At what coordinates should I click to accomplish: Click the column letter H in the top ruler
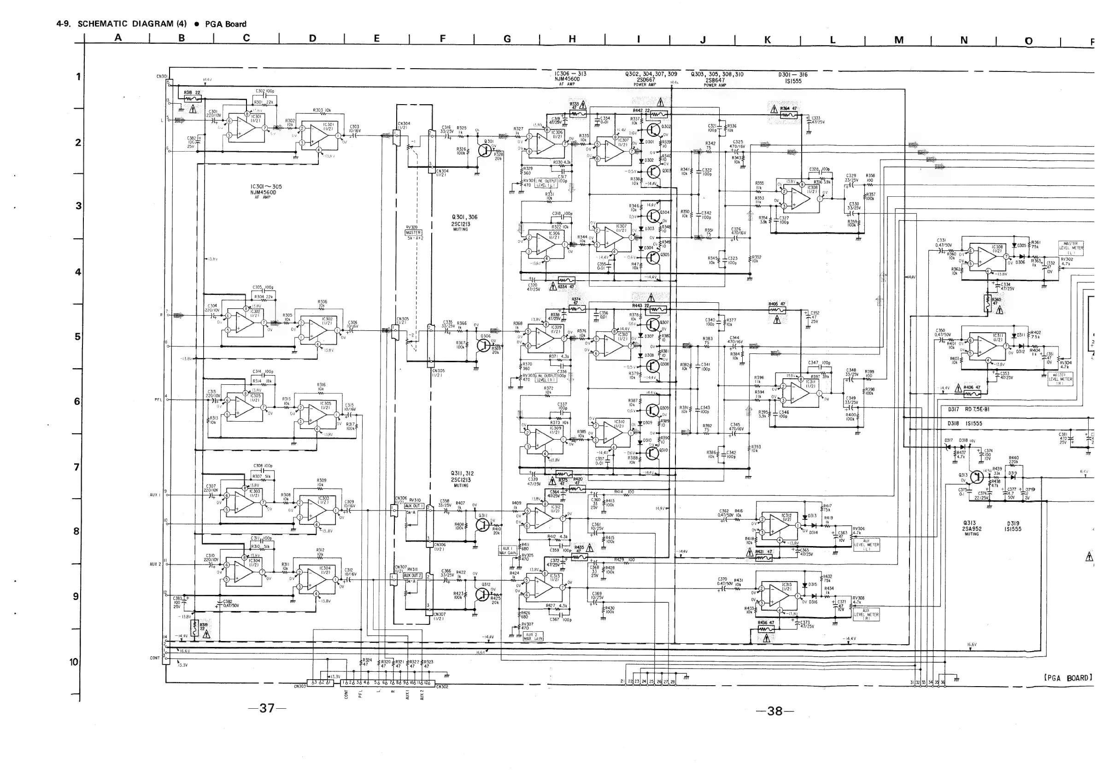(572, 39)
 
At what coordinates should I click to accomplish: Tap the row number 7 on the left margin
(76, 466)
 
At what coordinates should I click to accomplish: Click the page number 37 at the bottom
(267, 708)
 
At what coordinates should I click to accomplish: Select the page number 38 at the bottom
(774, 711)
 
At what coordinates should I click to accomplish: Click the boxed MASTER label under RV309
(413, 233)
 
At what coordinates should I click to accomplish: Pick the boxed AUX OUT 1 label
(413, 506)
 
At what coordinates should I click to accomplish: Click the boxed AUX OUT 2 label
(412, 575)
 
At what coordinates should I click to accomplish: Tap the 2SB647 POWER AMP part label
(715, 80)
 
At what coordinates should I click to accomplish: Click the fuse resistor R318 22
(192, 95)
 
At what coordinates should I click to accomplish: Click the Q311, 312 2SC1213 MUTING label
(462, 479)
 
